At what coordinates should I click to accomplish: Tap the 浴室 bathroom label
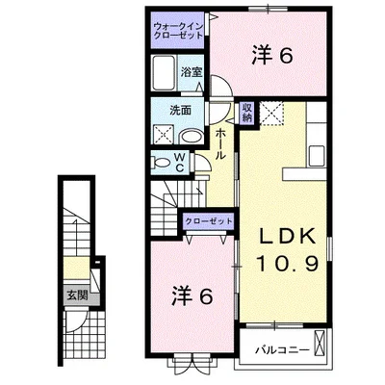(191, 72)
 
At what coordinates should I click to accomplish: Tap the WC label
(179, 160)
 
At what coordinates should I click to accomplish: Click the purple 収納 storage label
(247, 113)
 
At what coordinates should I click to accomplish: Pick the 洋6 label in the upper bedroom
(271, 56)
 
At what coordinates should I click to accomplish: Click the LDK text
(285, 237)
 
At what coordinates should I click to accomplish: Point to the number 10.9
(285, 264)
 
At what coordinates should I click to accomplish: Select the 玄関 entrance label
(75, 295)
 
